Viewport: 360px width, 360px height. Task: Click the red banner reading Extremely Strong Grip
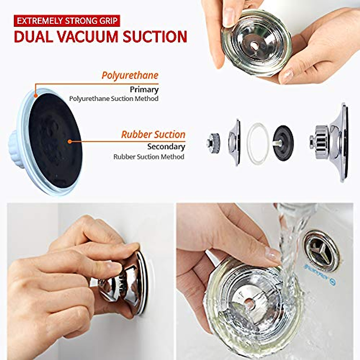click(x=67, y=21)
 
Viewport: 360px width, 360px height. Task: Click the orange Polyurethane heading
click(x=130, y=75)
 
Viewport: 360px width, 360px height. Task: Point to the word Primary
click(x=144, y=89)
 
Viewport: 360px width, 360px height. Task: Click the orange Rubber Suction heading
click(x=153, y=134)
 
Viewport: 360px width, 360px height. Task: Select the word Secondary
click(x=166, y=147)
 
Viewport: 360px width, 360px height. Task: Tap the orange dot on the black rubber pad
click(x=70, y=141)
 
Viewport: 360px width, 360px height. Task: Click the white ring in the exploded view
click(x=257, y=143)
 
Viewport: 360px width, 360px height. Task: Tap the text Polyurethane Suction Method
click(x=114, y=99)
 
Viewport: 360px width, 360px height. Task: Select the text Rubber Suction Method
click(x=148, y=157)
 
